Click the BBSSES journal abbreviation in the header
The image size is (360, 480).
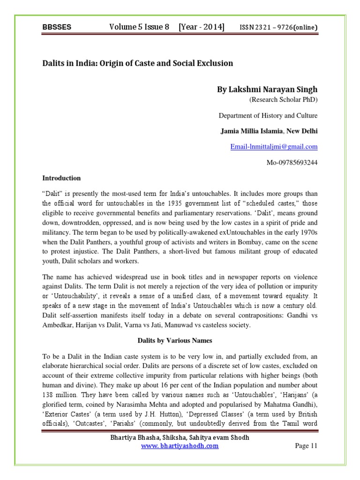[57, 28]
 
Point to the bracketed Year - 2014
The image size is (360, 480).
[201, 27]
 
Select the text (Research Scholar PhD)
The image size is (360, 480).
[281, 100]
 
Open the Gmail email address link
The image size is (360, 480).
[274, 147]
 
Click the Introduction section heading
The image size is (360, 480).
[61, 178]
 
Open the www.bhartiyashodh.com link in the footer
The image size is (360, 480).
[180, 446]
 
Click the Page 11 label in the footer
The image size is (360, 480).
[306, 446]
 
